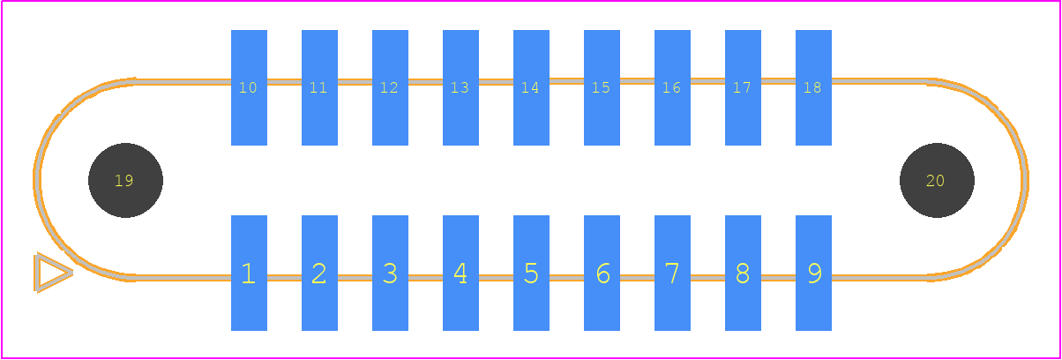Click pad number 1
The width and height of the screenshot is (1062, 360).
point(249,273)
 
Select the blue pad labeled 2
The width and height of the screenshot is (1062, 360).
point(319,273)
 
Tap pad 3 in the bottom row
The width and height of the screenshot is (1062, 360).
point(390,273)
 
